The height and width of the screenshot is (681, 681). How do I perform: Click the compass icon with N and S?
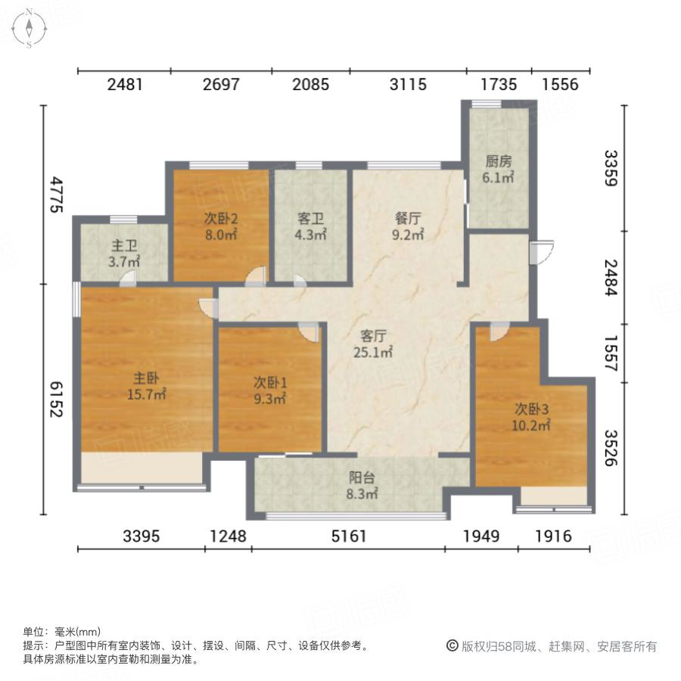click(x=29, y=28)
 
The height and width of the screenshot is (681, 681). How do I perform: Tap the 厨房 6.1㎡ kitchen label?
click(x=499, y=169)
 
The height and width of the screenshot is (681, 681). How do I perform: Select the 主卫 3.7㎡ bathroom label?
click(x=125, y=254)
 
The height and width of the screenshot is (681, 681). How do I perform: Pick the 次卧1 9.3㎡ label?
click(x=269, y=390)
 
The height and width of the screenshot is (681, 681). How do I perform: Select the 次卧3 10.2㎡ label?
click(x=532, y=416)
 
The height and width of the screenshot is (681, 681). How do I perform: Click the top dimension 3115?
click(x=408, y=84)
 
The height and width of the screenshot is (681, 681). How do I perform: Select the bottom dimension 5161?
click(x=347, y=536)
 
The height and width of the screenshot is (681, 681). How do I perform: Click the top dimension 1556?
click(x=560, y=84)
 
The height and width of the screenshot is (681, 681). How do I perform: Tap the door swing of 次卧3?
click(x=498, y=331)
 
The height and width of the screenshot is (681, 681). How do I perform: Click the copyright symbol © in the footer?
click(x=452, y=646)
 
